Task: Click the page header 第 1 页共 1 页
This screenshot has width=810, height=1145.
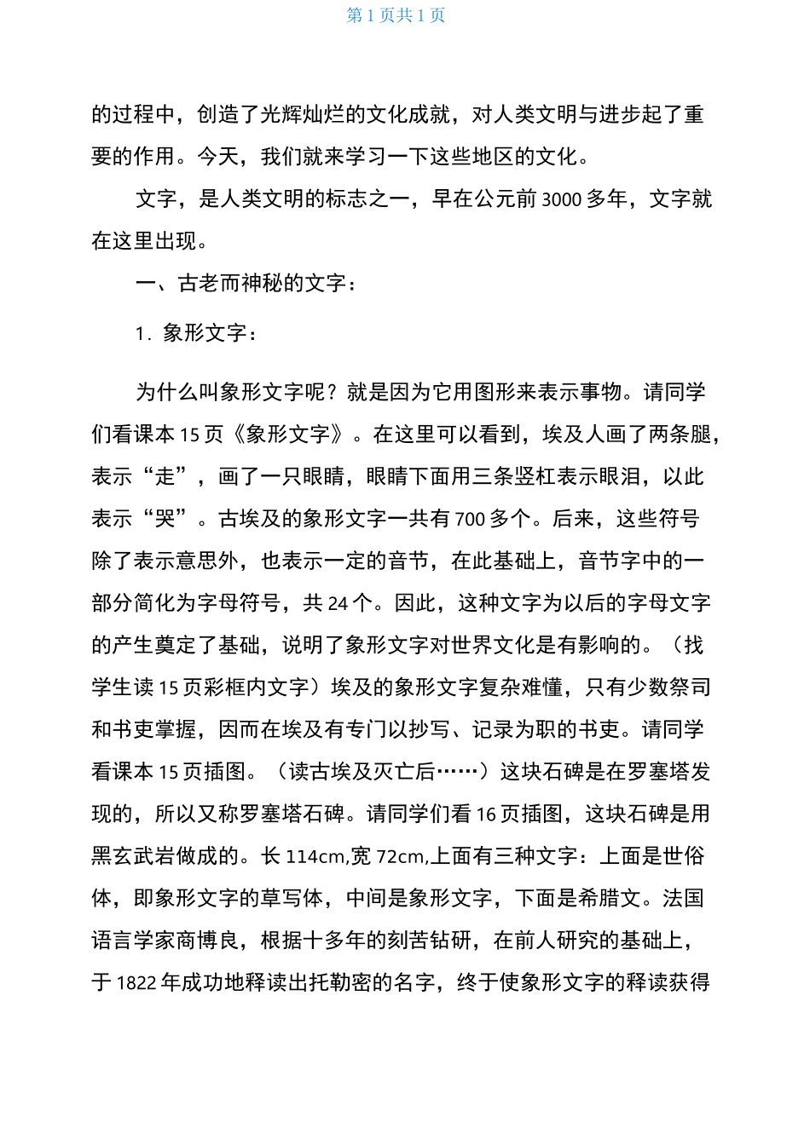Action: [396, 15]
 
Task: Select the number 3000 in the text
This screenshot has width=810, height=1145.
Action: [561, 199]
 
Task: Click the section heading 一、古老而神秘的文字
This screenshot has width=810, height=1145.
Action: [246, 284]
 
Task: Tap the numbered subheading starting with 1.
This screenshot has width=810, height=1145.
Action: [196, 333]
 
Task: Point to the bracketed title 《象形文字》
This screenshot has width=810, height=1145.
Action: [287, 434]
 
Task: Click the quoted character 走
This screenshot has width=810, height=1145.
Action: [165, 477]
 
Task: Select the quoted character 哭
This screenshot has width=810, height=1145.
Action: [165, 519]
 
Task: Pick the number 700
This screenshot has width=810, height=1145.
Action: [470, 519]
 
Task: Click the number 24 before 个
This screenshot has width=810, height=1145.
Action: [338, 603]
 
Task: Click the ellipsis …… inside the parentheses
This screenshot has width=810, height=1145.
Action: [456, 772]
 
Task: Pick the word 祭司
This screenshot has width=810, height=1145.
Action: [690, 688]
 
